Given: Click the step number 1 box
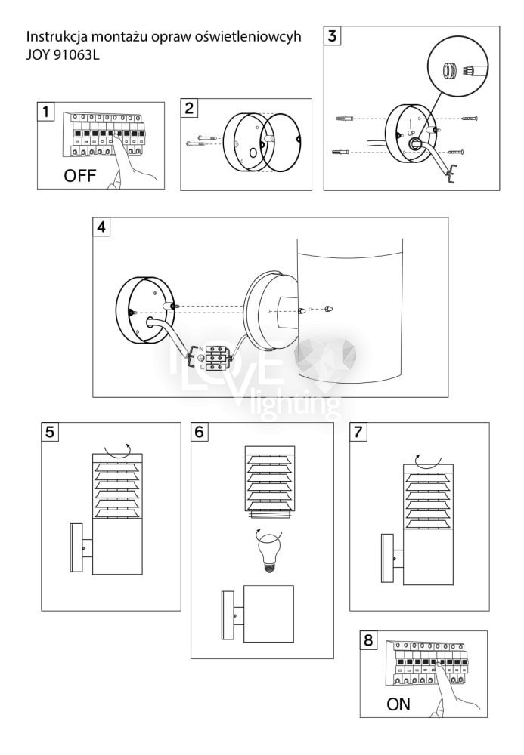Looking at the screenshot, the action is pyautogui.click(x=46, y=112).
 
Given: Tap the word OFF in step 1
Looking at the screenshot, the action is pyautogui.click(x=80, y=176).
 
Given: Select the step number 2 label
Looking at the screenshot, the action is pyautogui.click(x=189, y=108).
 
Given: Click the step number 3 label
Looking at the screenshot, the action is pyautogui.click(x=332, y=35).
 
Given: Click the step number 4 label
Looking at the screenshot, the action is pyautogui.click(x=101, y=226).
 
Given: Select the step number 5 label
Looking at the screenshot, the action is pyautogui.click(x=50, y=431).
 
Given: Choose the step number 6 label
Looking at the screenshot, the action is pyautogui.click(x=200, y=431).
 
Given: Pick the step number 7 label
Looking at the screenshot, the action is pyautogui.click(x=358, y=431).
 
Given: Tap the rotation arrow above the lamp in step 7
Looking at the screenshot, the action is pyautogui.click(x=428, y=461).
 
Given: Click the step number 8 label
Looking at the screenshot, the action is pyautogui.click(x=368, y=639).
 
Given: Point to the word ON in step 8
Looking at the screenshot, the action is pyautogui.click(x=398, y=704).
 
